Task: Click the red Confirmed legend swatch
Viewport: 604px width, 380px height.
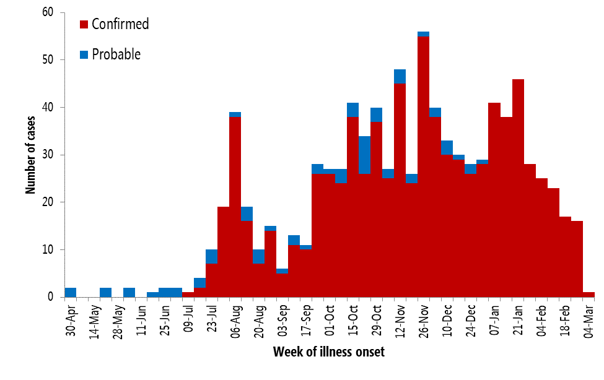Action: click(x=84, y=25)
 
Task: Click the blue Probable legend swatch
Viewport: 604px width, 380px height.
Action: click(x=84, y=55)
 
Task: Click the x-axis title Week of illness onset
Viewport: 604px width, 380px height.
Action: click(x=328, y=352)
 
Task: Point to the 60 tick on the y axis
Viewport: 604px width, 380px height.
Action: click(x=48, y=12)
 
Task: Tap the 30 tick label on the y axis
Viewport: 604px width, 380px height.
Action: click(x=48, y=155)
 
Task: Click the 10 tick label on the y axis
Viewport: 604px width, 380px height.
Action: click(x=48, y=249)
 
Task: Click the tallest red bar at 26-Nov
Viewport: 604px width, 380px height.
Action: click(x=423, y=167)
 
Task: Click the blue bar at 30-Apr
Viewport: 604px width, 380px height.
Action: click(x=70, y=293)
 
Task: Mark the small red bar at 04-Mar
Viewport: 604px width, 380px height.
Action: click(x=588, y=295)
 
